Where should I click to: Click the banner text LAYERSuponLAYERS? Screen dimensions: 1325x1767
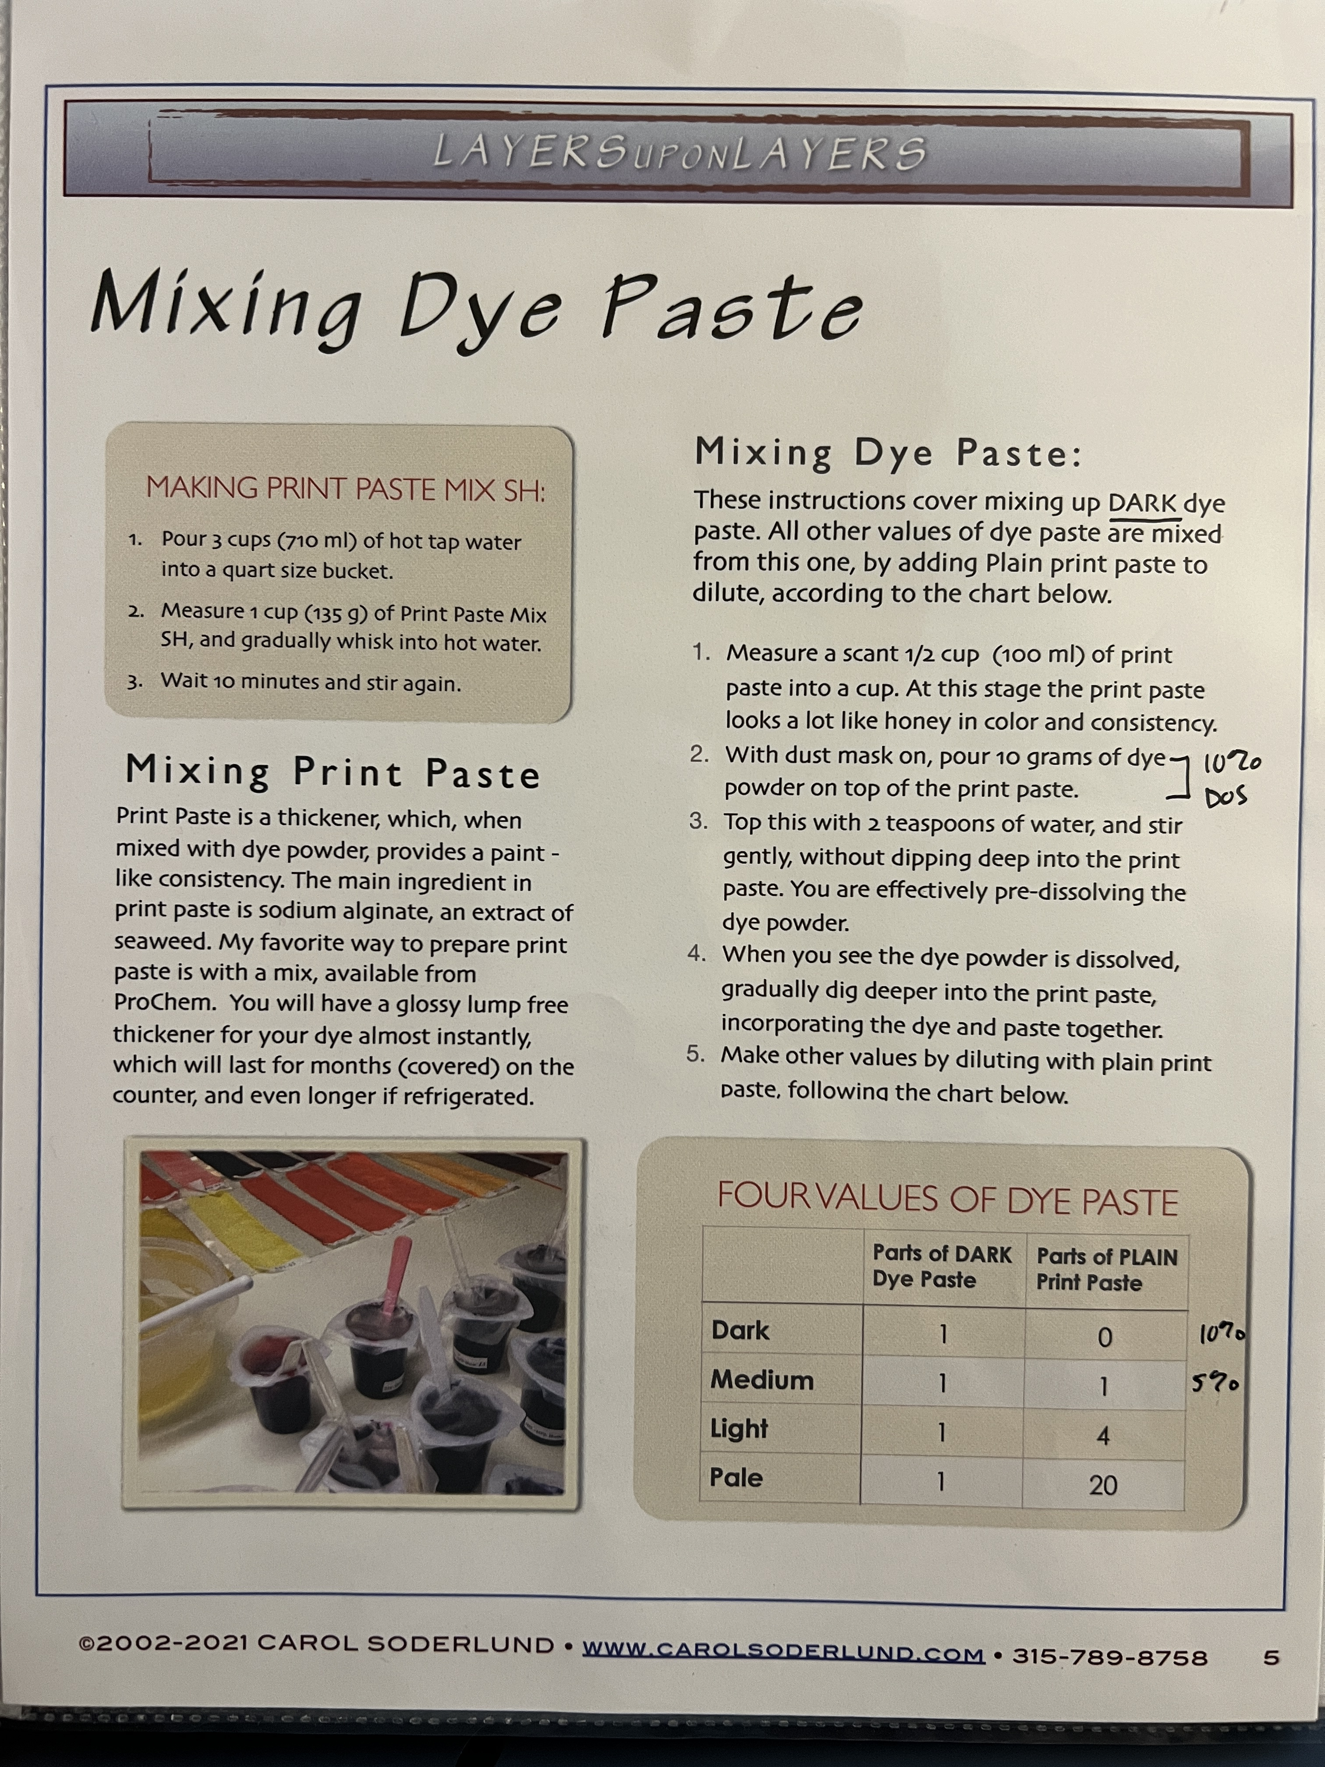click(680, 152)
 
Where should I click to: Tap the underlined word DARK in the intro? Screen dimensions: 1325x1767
click(1142, 503)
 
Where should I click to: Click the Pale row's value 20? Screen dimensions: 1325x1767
click(1103, 1485)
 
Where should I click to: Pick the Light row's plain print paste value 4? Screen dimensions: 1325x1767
click(1103, 1436)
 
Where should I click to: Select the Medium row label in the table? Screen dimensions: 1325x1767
click(762, 1380)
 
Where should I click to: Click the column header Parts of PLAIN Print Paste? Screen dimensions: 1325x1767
click(1107, 1269)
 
